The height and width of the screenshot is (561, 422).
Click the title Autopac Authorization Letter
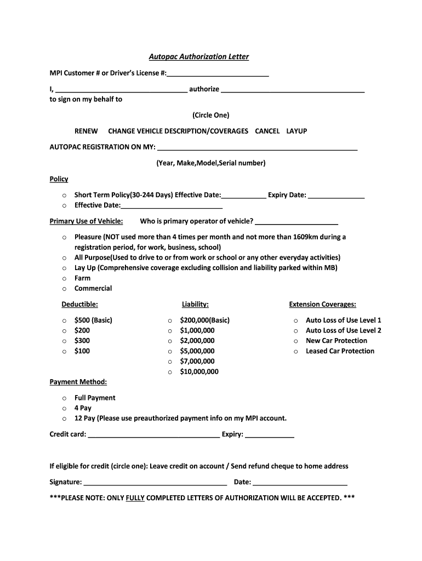pyautogui.click(x=199, y=56)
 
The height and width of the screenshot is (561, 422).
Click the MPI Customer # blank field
pyautogui.click(x=218, y=74)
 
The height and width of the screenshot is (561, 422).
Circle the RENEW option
pyautogui.click(x=86, y=131)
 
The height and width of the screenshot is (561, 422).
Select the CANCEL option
pyautogui.click(x=267, y=131)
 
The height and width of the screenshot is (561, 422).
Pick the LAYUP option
pyautogui.click(x=296, y=131)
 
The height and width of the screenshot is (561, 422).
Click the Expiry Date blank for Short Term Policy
pyautogui.click(x=336, y=196)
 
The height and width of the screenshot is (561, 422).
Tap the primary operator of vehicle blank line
pyautogui.click(x=296, y=222)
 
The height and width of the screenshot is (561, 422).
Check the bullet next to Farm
pyautogui.click(x=64, y=278)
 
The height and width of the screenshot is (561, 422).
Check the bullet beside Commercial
pyautogui.click(x=64, y=289)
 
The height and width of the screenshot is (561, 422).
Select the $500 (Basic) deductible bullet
pyautogui.click(x=64, y=320)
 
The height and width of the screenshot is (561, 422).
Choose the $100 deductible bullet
pyautogui.click(x=64, y=352)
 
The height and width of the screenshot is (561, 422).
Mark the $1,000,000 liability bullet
pyautogui.click(x=170, y=331)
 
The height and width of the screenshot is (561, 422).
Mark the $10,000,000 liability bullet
pyautogui.click(x=170, y=373)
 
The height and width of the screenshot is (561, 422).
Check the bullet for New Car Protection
pyautogui.click(x=295, y=341)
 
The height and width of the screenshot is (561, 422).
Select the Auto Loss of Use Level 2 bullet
pyautogui.click(x=295, y=331)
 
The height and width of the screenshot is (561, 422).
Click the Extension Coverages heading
pyautogui.click(x=322, y=305)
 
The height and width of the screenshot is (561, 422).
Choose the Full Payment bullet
pyautogui.click(x=64, y=398)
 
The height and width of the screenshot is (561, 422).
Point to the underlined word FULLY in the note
pyautogui.click(x=135, y=498)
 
